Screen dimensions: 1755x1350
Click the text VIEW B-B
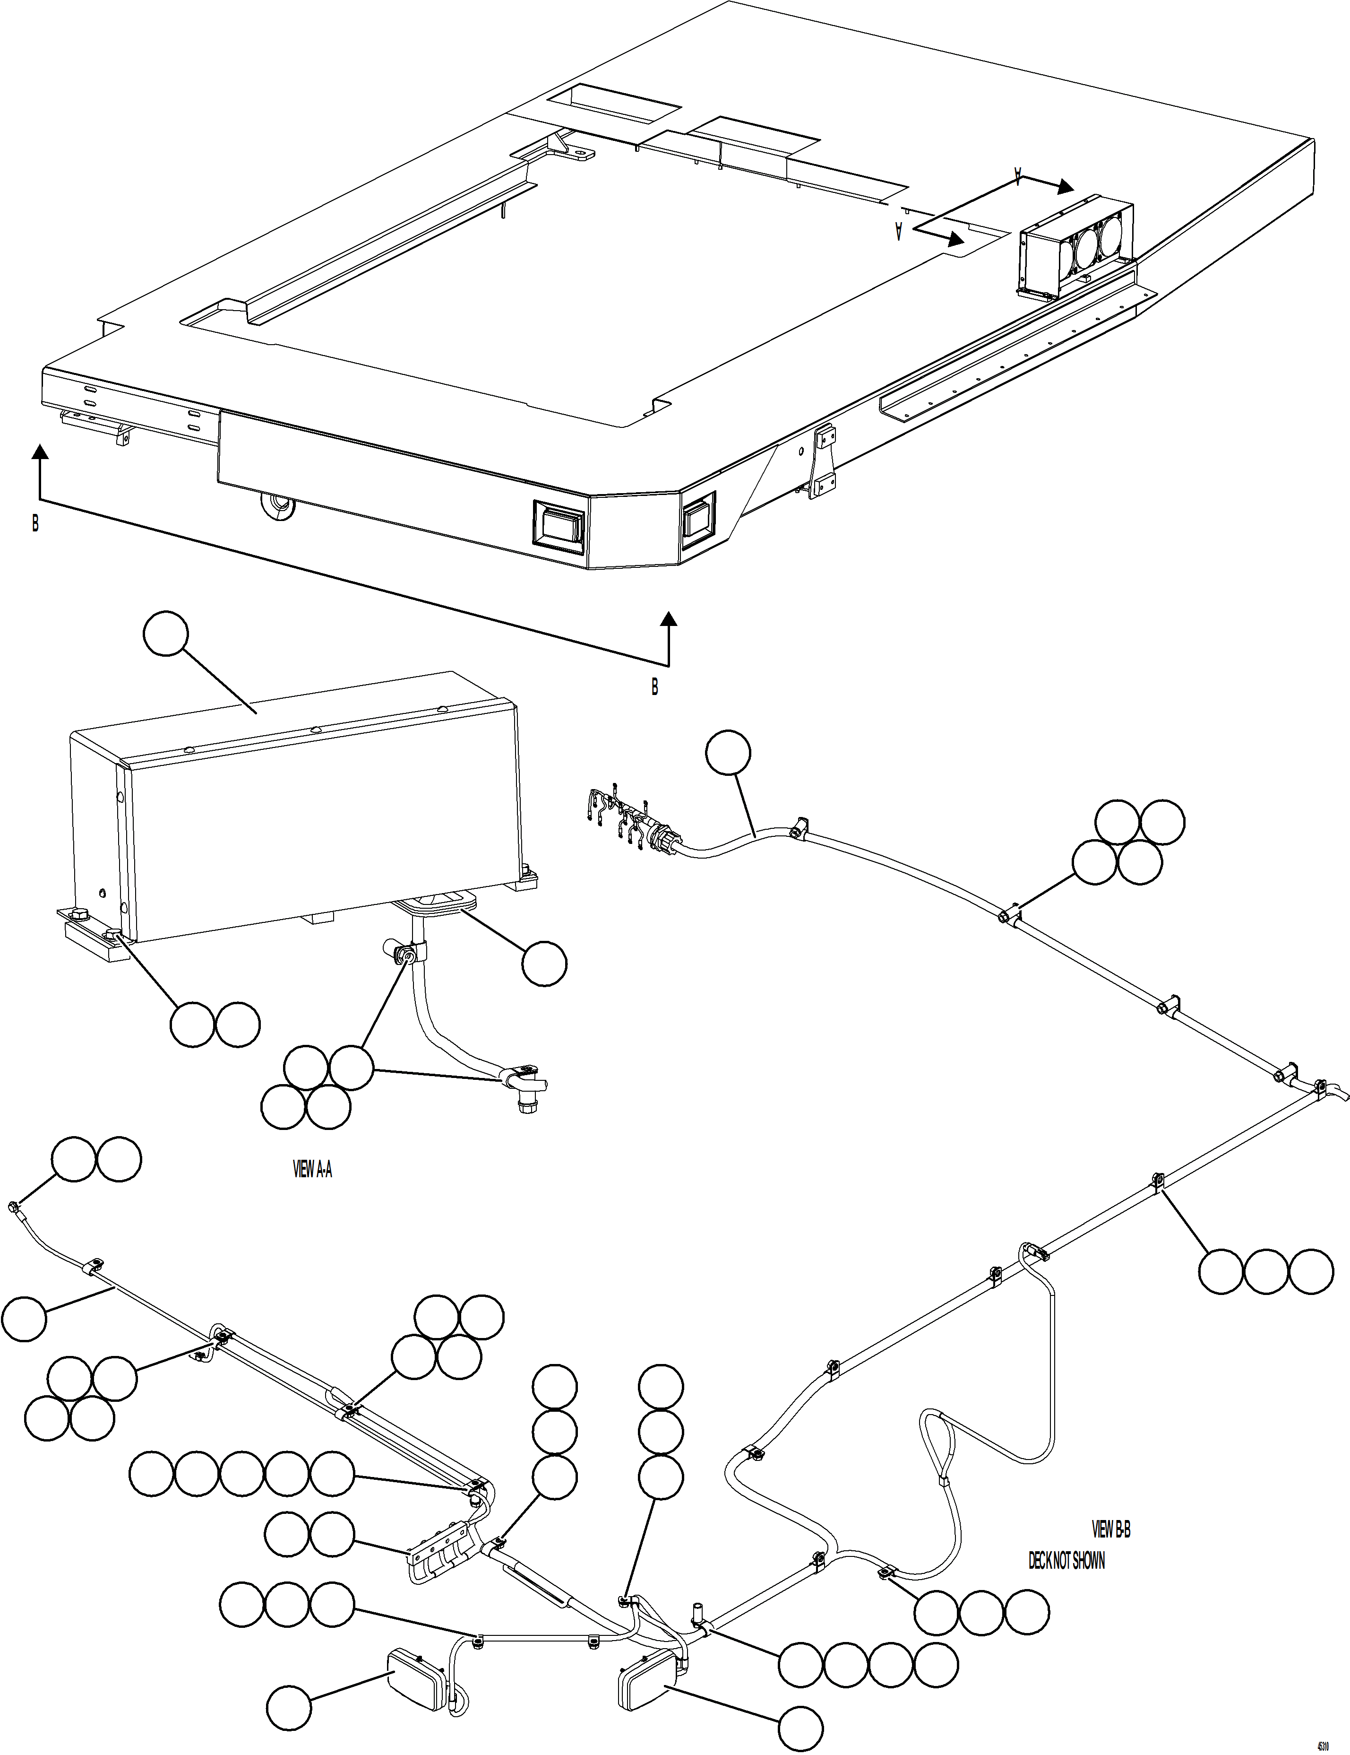[1111, 1529]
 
